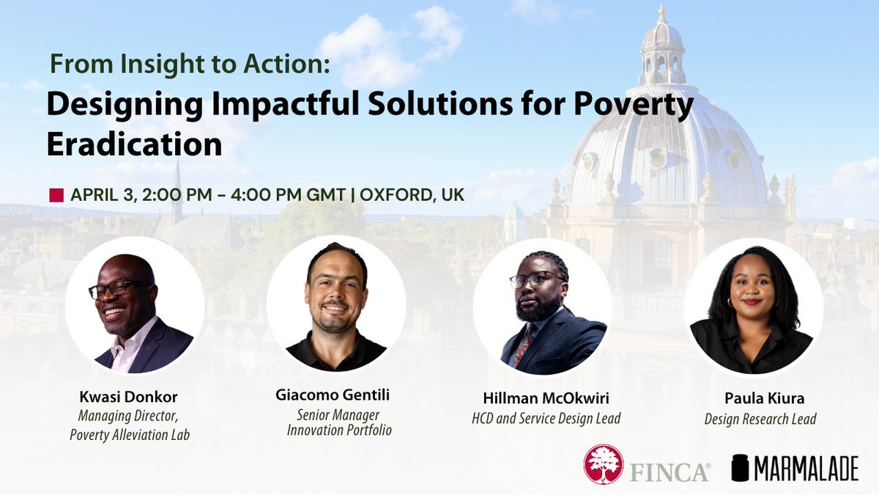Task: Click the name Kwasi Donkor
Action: click(129, 397)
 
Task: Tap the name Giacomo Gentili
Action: click(333, 396)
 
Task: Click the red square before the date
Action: click(56, 195)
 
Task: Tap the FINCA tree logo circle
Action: click(603, 465)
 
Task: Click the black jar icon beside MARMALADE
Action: click(740, 467)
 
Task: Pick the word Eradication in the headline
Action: click(134, 144)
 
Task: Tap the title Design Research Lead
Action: click(760, 419)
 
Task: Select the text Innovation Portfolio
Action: click(339, 430)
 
